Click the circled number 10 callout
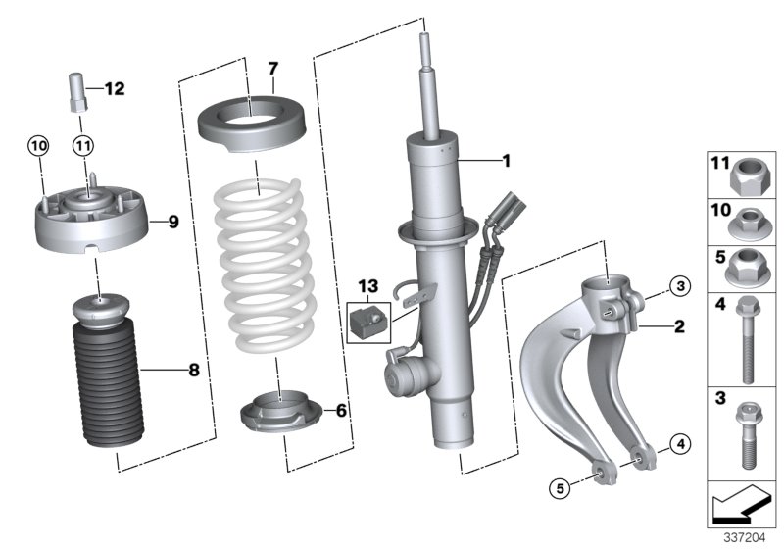click(37, 146)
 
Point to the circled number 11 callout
click(83, 146)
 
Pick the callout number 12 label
click(115, 89)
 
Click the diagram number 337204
click(745, 538)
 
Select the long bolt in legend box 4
click(746, 338)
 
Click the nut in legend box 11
click(750, 176)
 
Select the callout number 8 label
click(193, 370)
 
